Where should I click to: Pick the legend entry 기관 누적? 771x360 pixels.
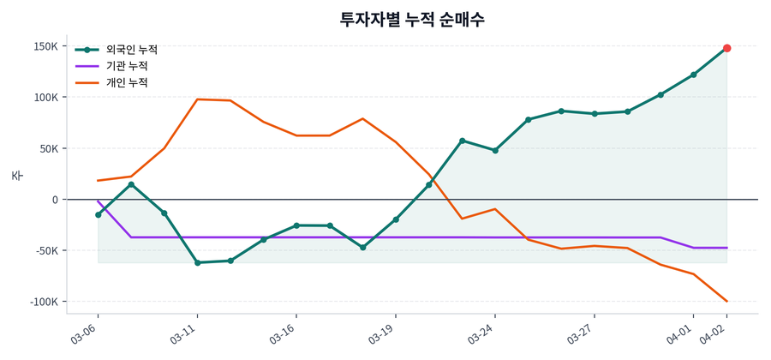[x=126, y=66]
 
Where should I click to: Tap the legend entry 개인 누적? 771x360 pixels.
[x=126, y=83]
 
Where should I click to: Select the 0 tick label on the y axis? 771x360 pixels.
[x=55, y=200]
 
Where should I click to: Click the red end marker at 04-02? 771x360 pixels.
[x=726, y=48]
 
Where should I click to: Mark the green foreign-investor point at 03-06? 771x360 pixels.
[x=98, y=214]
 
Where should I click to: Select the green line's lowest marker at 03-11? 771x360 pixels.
[x=197, y=262]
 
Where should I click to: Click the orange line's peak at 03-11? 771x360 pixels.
[x=197, y=99]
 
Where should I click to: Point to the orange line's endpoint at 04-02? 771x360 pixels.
[x=726, y=301]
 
